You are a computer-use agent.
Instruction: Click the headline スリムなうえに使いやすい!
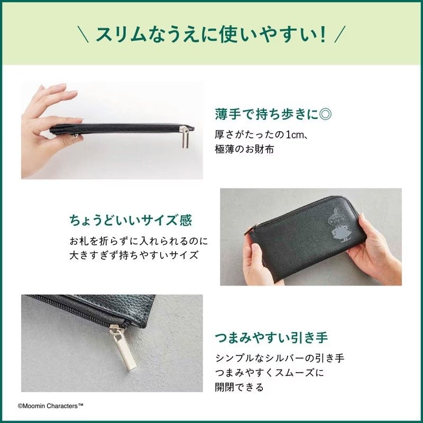pyautogui.click(x=211, y=35)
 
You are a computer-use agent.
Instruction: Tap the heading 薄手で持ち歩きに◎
pyautogui.click(x=275, y=114)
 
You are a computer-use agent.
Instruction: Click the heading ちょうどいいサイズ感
pyautogui.click(x=130, y=220)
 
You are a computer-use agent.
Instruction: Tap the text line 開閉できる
pyautogui.click(x=239, y=387)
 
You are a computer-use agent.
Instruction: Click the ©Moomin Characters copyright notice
pyautogui.click(x=51, y=406)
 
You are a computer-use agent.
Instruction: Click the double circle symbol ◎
pyautogui.click(x=330, y=114)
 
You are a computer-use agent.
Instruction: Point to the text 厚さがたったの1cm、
pyautogui.click(x=262, y=135)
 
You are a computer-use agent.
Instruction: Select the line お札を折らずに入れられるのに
pyautogui.click(x=139, y=241)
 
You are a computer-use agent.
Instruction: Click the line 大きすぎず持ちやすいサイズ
pyautogui.click(x=134, y=255)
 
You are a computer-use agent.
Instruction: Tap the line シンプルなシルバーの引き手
pyautogui.click(x=279, y=358)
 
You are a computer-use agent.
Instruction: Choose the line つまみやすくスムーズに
pyautogui.click(x=269, y=372)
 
